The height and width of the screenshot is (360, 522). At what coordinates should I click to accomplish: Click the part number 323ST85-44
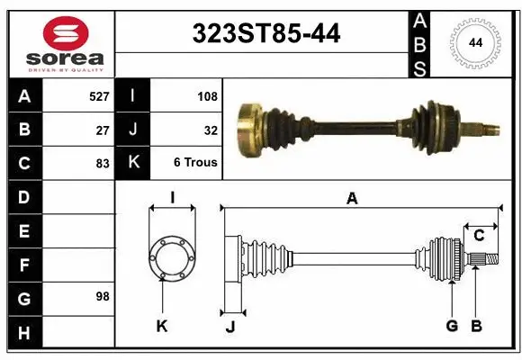point(267,34)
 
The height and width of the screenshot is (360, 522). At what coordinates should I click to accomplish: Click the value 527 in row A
point(99,94)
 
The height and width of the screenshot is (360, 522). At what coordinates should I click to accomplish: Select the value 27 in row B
point(103,129)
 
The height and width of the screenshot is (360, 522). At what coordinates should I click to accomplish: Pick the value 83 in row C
point(103,163)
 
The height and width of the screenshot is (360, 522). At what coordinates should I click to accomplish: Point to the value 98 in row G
point(101,296)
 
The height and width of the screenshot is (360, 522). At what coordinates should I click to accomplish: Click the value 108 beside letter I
point(206,94)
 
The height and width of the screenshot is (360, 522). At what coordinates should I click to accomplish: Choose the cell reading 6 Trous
point(195,163)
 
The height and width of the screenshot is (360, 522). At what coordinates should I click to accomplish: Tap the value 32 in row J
point(211,129)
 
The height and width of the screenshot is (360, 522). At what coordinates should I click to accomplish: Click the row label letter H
point(23,334)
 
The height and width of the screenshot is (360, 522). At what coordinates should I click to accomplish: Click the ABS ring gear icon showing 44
point(473,42)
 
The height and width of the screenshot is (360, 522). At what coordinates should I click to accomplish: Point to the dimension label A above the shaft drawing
point(352,199)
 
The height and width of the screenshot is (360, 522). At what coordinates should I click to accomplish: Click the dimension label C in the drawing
point(479,236)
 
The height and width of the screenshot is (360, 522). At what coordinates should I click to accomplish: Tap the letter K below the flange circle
point(162,326)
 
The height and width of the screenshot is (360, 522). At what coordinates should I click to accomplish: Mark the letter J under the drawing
point(230,327)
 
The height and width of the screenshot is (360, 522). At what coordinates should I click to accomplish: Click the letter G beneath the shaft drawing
point(452,326)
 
